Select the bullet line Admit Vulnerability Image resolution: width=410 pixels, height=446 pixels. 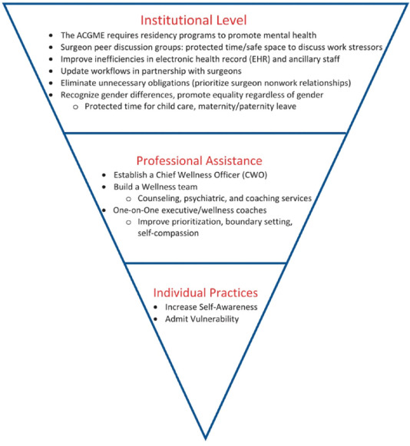click(201, 318)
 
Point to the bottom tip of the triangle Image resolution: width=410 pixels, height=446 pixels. click(205, 438)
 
